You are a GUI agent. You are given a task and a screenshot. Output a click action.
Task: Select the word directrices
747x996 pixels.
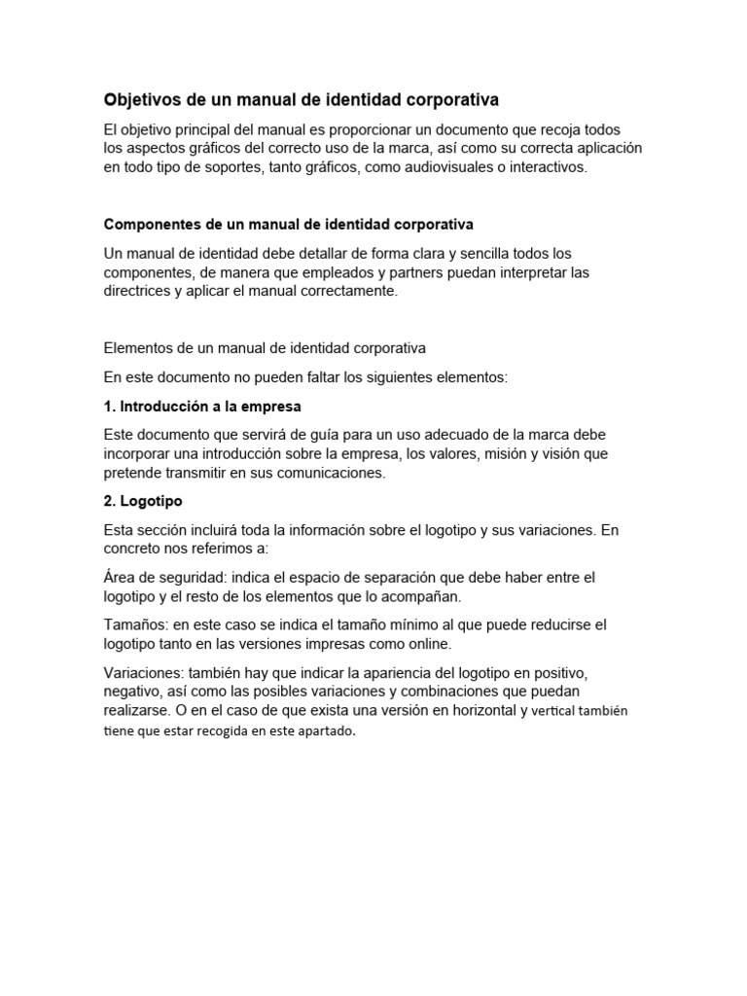tap(138, 292)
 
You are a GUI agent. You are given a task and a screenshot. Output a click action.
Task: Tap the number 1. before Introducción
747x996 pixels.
tap(110, 406)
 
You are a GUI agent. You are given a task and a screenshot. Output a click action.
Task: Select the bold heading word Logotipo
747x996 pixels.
tap(152, 502)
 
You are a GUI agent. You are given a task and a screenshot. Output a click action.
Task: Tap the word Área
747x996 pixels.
tap(121, 578)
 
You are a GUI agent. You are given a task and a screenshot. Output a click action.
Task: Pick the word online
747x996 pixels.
tap(432, 644)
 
